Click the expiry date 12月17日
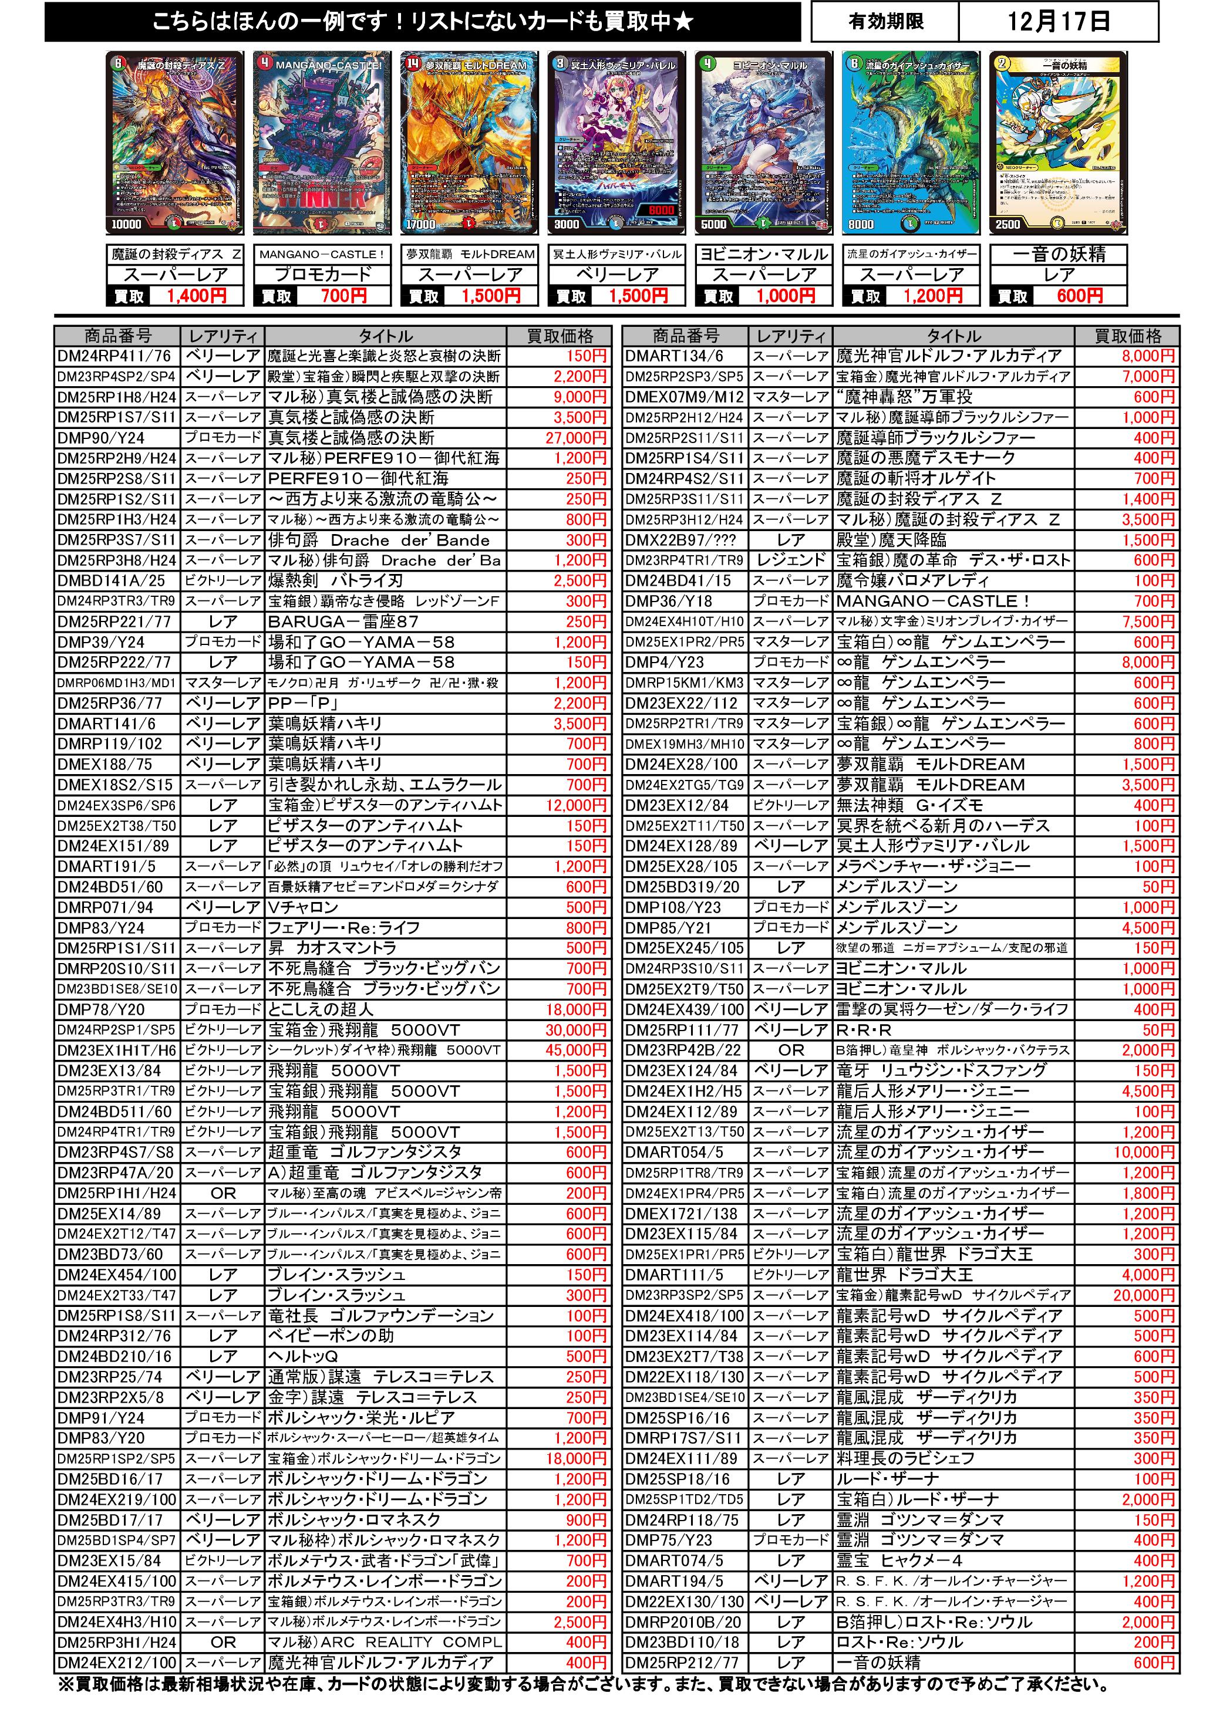1057,21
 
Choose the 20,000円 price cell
1144,1295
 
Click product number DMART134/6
675,356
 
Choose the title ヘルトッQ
303,1356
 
